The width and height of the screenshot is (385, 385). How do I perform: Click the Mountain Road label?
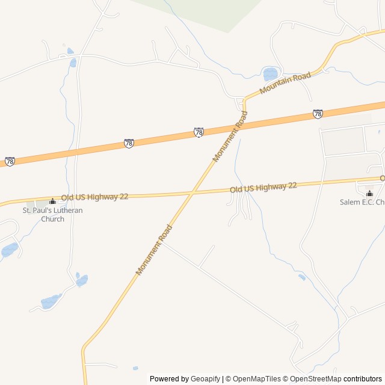tap(285, 83)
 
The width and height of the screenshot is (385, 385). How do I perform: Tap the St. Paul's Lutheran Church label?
tap(53, 214)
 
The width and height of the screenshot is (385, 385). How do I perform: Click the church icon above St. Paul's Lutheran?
tap(52, 201)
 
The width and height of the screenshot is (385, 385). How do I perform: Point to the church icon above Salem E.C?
tap(369, 193)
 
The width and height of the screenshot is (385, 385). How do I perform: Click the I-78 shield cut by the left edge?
tap(10, 161)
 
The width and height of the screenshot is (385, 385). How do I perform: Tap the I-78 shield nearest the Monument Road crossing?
tap(199, 132)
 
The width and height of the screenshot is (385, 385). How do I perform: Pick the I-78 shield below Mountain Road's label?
tap(318, 114)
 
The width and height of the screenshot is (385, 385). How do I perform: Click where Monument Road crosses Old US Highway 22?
tap(192, 193)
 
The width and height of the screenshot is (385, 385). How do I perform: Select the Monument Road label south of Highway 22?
tap(154, 250)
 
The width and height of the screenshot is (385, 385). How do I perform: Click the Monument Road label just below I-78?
tap(230, 136)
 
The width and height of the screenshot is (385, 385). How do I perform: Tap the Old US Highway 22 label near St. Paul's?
tap(94, 197)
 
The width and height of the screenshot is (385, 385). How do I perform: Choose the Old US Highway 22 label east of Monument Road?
tap(263, 188)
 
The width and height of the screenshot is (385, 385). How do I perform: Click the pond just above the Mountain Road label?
tap(270, 74)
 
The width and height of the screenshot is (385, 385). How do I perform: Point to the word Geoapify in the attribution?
tap(206, 379)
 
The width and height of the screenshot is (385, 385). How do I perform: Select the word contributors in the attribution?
tap(363, 379)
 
